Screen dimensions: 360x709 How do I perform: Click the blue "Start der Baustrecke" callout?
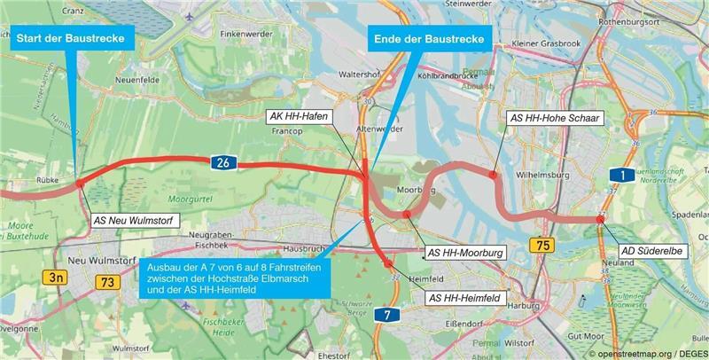(x=76, y=38)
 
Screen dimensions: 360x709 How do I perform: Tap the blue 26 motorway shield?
(x=222, y=161)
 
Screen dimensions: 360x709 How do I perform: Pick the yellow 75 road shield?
(x=541, y=245)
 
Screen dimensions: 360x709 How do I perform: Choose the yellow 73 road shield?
(x=108, y=282)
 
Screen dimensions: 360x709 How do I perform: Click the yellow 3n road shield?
(x=56, y=278)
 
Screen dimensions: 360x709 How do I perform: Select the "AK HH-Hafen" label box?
(x=300, y=116)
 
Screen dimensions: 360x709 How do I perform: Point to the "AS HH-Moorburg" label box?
(x=465, y=253)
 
